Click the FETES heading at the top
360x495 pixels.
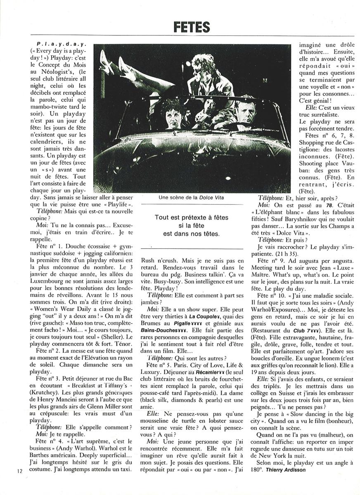click(192, 27)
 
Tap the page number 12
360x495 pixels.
click(20, 471)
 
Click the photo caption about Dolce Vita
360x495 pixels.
click(194, 198)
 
